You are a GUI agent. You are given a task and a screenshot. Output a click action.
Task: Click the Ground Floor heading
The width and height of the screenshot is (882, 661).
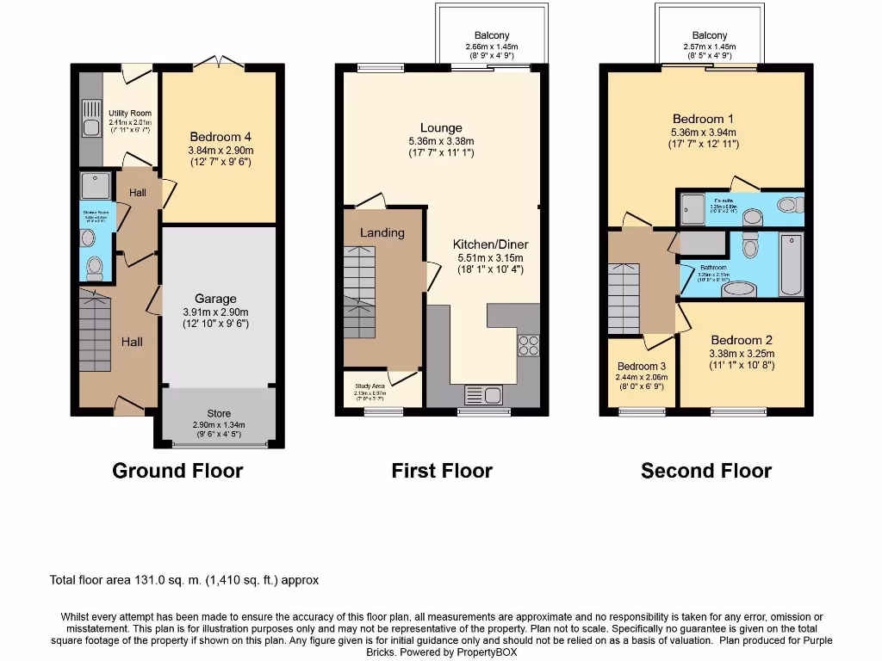click(x=177, y=471)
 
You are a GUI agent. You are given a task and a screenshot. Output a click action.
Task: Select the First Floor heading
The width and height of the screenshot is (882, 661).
click(x=442, y=471)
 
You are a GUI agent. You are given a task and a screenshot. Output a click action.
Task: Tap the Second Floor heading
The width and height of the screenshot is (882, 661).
click(x=706, y=471)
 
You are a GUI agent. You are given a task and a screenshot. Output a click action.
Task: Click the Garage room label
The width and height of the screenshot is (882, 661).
click(x=215, y=299)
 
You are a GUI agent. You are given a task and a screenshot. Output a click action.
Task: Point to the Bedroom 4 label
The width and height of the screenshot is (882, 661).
click(x=220, y=137)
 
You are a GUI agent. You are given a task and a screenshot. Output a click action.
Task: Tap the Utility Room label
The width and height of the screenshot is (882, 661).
click(x=130, y=113)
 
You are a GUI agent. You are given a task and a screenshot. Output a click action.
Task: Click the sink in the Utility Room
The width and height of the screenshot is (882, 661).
click(x=90, y=127)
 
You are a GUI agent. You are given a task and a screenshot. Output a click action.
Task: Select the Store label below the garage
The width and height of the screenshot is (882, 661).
click(x=219, y=414)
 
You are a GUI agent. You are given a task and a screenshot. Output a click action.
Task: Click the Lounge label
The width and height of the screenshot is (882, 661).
click(x=441, y=128)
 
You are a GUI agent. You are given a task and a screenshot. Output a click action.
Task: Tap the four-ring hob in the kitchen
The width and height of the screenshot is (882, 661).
click(x=527, y=345)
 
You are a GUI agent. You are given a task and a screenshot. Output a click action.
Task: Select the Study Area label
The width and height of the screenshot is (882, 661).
click(x=370, y=386)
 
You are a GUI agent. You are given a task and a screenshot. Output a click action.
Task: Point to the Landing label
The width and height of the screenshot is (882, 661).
click(x=382, y=232)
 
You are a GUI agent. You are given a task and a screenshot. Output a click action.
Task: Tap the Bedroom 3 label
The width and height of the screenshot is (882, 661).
click(x=642, y=366)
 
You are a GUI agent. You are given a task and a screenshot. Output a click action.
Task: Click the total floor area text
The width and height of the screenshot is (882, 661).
click(x=184, y=580)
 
